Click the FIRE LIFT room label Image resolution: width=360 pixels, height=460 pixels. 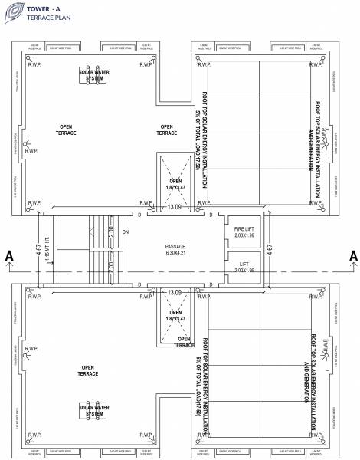243,232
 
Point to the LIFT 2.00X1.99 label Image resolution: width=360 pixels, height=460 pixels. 243,267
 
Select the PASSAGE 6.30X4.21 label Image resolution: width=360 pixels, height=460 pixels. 176,251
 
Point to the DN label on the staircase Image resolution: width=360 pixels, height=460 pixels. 125,232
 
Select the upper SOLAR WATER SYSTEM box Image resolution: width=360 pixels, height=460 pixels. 93,75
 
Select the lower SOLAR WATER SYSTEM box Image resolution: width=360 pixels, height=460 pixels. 93,411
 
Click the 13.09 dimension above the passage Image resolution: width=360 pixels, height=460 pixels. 175,207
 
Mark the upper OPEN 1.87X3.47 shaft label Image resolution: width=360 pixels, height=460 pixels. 175,185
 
